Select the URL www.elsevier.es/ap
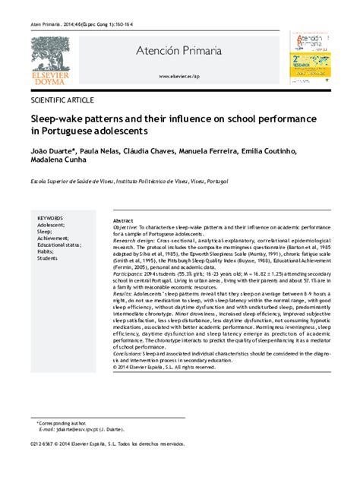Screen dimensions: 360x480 pyautogui.click(x=179, y=77)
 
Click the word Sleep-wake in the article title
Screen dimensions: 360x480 pyautogui.click(x=57, y=119)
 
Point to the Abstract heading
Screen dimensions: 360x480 pyautogui.click(x=123, y=219)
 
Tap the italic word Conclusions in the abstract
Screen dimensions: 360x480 pyautogui.click(x=128, y=353)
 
